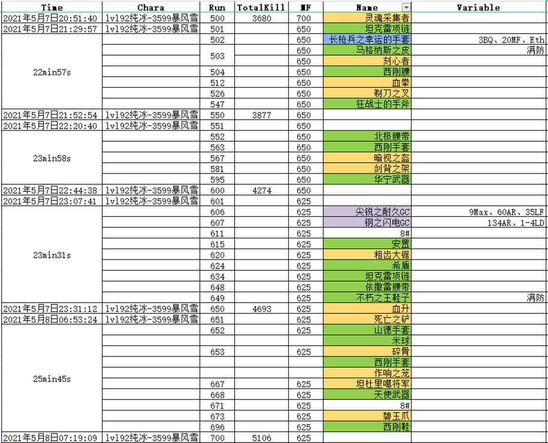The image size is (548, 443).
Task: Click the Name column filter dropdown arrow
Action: pyautogui.click(x=405, y=8)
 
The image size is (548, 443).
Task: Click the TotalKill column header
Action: pyautogui.click(x=256, y=8)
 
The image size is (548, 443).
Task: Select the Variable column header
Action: pyautogui.click(x=479, y=8)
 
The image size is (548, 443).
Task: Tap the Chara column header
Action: pyautogui.click(x=151, y=8)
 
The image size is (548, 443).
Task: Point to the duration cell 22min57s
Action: pyautogui.click(x=52, y=72)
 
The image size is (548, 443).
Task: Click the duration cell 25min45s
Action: pyautogui.click(x=52, y=379)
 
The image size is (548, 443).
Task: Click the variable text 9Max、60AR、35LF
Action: pyautogui.click(x=507, y=212)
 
